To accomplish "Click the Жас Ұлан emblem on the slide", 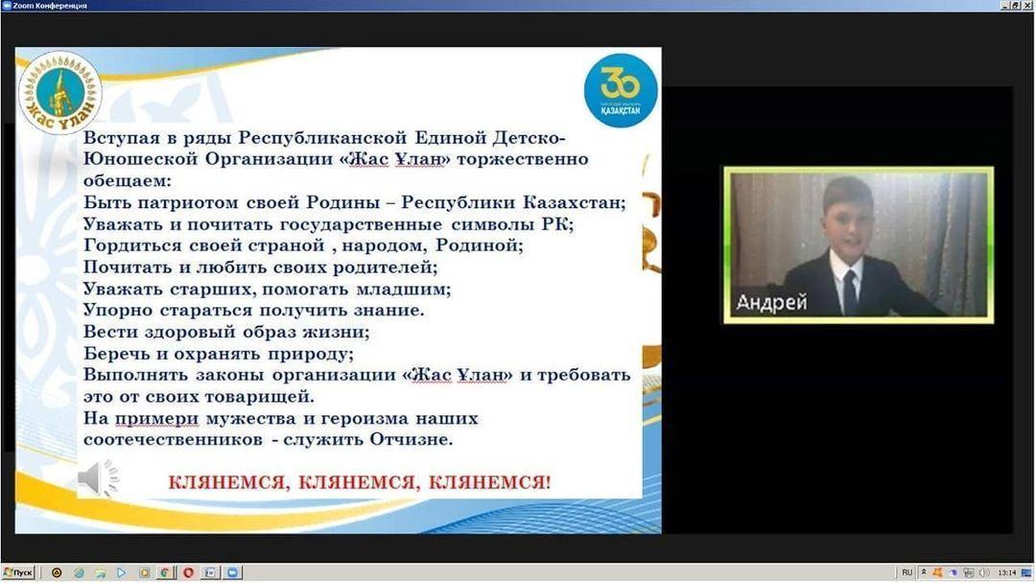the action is pyautogui.click(x=60, y=92).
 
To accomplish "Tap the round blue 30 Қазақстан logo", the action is pyautogui.click(x=621, y=90).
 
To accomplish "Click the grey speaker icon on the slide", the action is pyautogui.click(x=98, y=478).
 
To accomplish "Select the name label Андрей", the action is pyautogui.click(x=771, y=302).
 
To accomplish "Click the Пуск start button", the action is pyautogui.click(x=18, y=572).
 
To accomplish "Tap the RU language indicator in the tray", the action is pyautogui.click(x=906, y=572).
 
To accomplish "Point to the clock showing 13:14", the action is pyautogui.click(x=1006, y=572).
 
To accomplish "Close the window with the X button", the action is pyautogui.click(x=1029, y=6).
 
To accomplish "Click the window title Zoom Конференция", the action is pyautogui.click(x=50, y=6).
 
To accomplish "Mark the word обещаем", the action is pyautogui.click(x=127, y=181).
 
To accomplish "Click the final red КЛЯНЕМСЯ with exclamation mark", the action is pyautogui.click(x=489, y=482).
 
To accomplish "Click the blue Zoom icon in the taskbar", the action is pyautogui.click(x=232, y=572).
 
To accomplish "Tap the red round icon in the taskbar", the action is pyautogui.click(x=188, y=572).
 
